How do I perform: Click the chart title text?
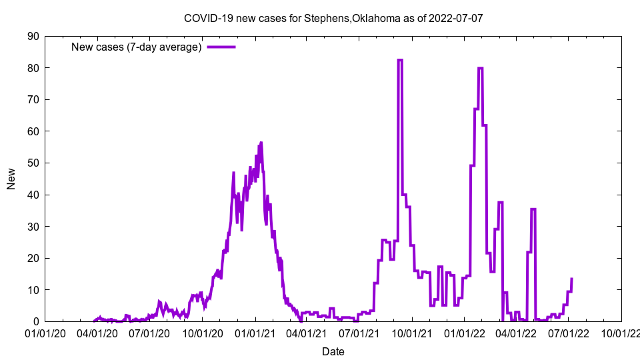pyautogui.click(x=333, y=18)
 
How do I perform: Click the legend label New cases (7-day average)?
pyautogui.click(x=136, y=47)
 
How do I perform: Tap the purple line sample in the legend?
pyautogui.click(x=221, y=47)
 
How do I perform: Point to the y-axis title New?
pyautogui.click(x=11, y=179)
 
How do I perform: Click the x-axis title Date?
pyautogui.click(x=333, y=351)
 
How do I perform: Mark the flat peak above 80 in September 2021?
pyautogui.click(x=400, y=60)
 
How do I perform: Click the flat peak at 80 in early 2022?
pyautogui.click(x=480, y=68)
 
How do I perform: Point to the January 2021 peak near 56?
pyautogui.click(x=261, y=143)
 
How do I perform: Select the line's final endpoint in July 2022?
pyautogui.click(x=572, y=279)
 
